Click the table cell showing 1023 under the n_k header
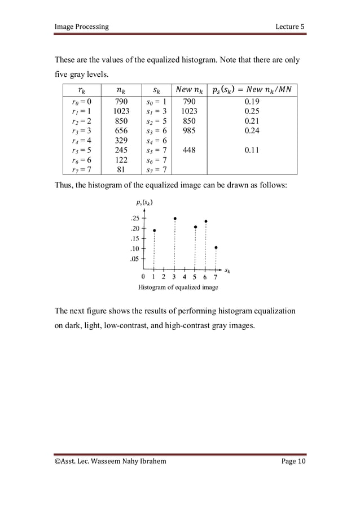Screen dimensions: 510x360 (x=121, y=111)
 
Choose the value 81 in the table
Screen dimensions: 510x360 (x=121, y=169)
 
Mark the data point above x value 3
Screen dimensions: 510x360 (x=175, y=219)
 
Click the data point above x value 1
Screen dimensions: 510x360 (x=154, y=230)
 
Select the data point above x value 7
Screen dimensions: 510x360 (x=216, y=247)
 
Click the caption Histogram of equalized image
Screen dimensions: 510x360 (x=178, y=287)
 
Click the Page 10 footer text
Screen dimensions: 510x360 (x=293, y=462)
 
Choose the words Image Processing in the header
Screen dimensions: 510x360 (x=81, y=27)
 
